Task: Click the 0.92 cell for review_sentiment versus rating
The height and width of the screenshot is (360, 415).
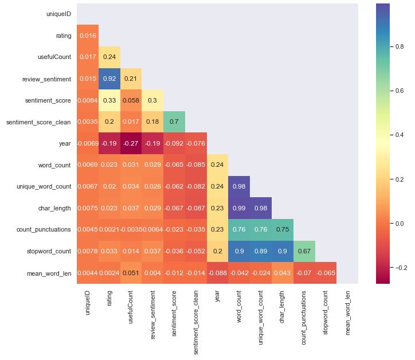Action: (109, 79)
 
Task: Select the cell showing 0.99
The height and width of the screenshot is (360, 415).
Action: (239, 208)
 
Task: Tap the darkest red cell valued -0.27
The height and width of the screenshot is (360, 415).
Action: (131, 144)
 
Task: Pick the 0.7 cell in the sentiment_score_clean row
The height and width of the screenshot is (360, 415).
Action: (174, 122)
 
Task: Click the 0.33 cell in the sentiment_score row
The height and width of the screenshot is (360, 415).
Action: (109, 101)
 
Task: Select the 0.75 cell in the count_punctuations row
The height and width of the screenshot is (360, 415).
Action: (282, 230)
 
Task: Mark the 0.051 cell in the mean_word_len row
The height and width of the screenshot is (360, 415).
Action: (131, 273)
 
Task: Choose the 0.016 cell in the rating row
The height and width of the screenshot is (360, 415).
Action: (87, 36)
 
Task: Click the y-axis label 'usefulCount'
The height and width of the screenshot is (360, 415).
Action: (55, 57)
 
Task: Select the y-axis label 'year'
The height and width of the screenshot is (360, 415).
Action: (64, 144)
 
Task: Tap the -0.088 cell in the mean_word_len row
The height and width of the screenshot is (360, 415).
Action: (217, 273)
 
